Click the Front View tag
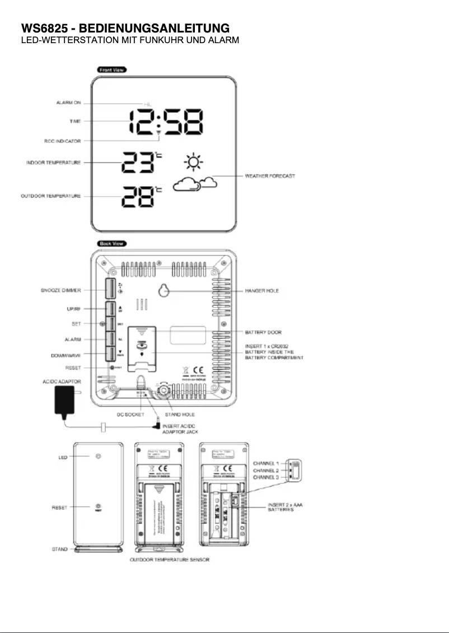coord(112,69)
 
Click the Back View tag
coord(112,244)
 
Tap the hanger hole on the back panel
coord(165,291)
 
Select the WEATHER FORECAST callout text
coord(270,176)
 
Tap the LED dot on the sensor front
coord(99,457)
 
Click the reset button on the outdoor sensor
coord(99,506)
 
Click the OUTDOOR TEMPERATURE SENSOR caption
coord(170,560)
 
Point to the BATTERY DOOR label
coord(263,333)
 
